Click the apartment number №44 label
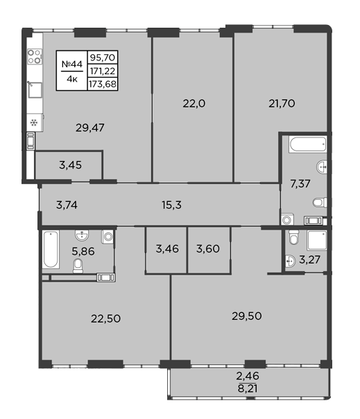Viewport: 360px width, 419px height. [72, 64]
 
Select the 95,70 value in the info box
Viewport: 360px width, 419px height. [103, 57]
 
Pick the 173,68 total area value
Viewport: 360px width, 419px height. [103, 84]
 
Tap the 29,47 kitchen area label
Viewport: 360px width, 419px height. [89, 128]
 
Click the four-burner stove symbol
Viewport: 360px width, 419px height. [35, 56]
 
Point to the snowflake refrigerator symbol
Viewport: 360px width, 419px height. [34, 123]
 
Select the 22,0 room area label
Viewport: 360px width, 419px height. [194, 103]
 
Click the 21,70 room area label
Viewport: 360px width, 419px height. [282, 103]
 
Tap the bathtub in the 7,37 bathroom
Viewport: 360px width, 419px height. [308, 144]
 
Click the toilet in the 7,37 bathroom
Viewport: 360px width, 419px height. [320, 203]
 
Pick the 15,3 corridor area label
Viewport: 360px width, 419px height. [171, 205]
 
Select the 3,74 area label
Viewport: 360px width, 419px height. [67, 205]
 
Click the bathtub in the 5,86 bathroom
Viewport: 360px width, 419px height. [51, 249]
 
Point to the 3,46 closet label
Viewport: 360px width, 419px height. [167, 249]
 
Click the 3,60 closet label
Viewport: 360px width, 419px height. [208, 249]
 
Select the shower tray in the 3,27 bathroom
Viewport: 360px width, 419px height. [317, 241]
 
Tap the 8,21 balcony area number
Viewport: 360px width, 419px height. [248, 388]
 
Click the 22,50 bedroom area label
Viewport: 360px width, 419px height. [105, 318]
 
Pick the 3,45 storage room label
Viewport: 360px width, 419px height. [70, 165]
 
